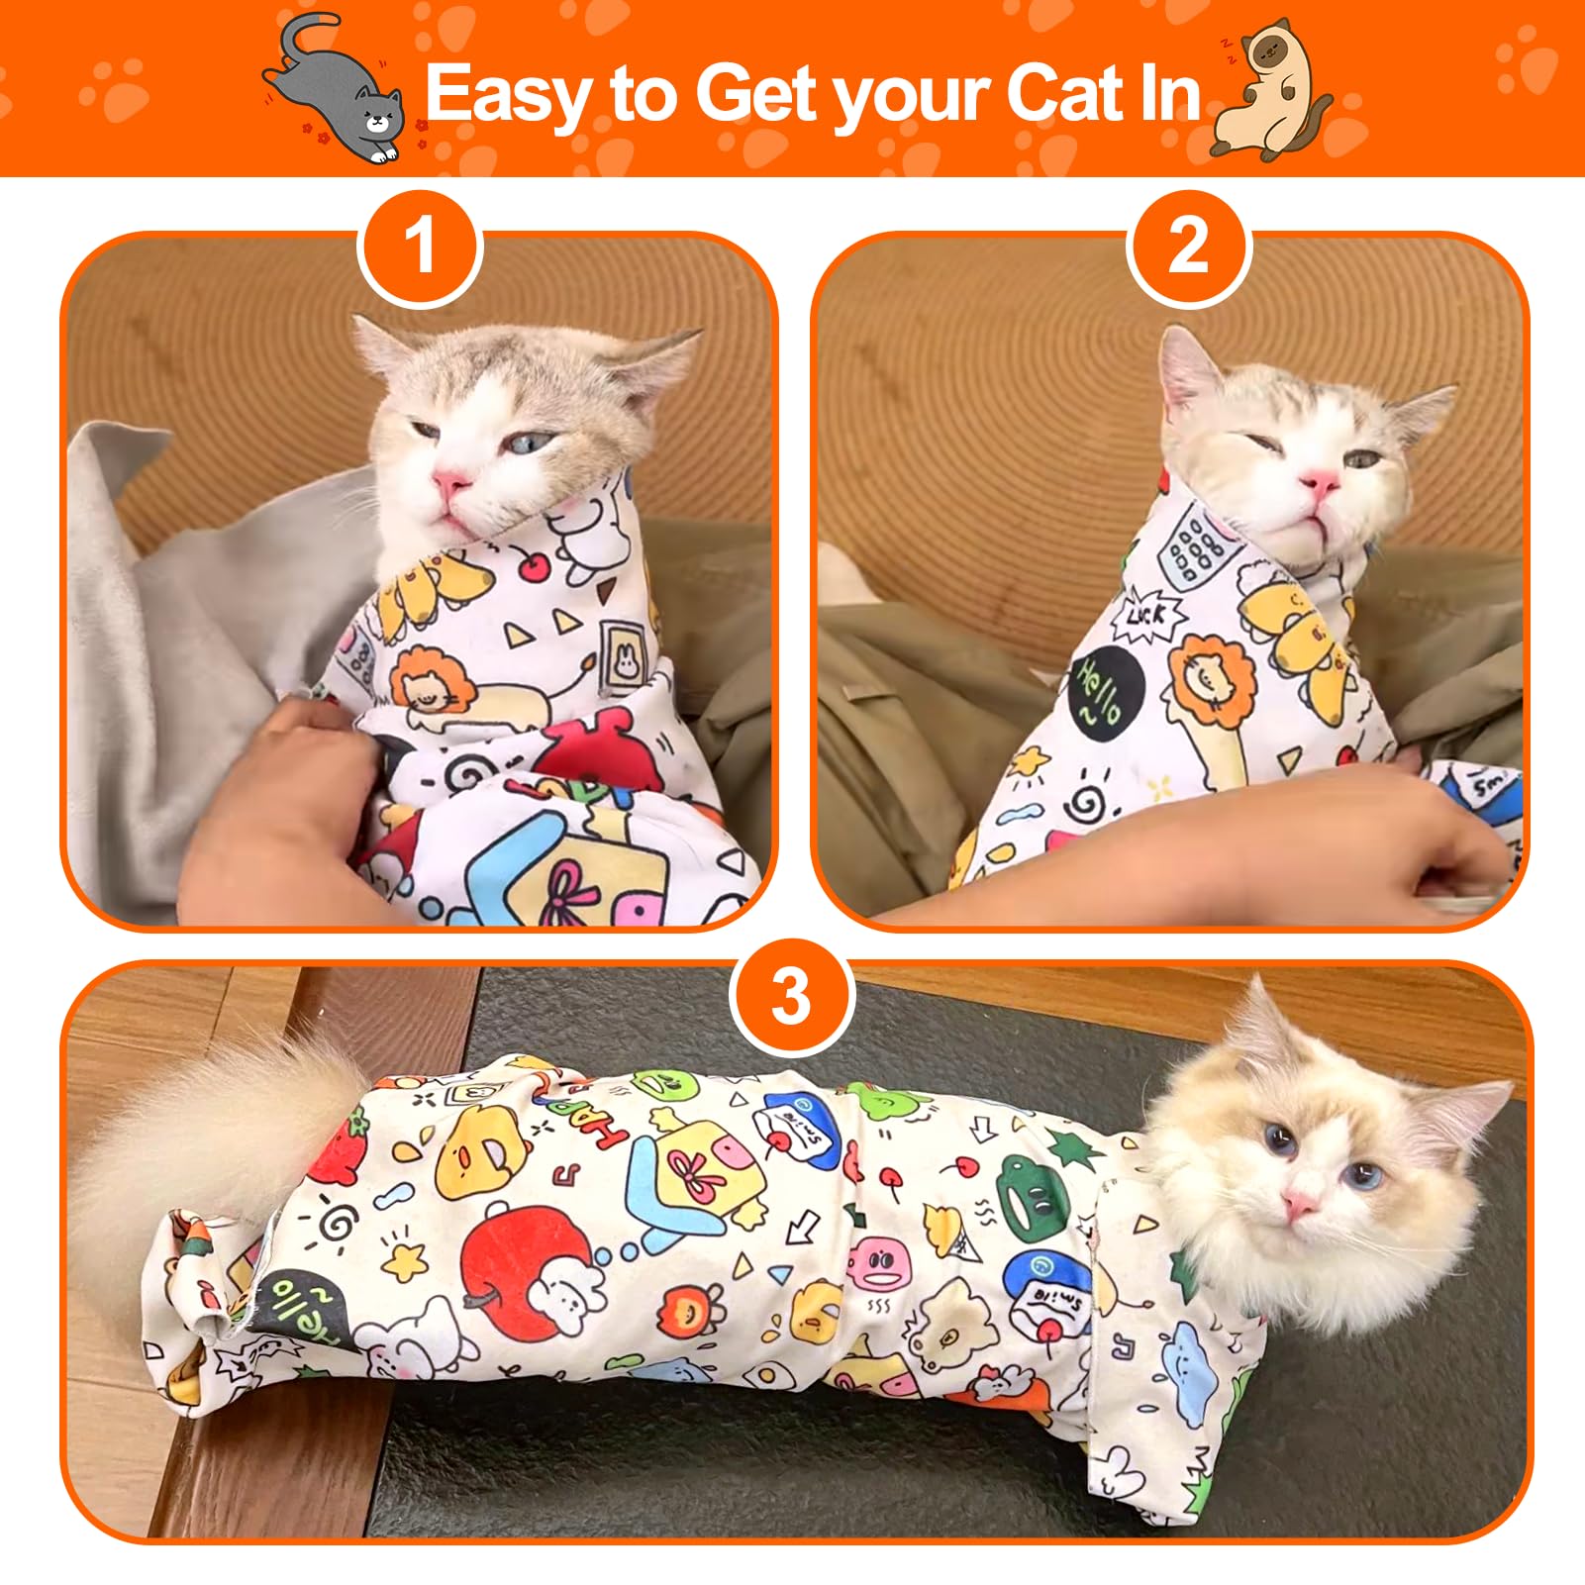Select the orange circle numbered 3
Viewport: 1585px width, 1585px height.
pyautogui.click(x=791, y=997)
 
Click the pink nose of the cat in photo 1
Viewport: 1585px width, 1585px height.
pyautogui.click(x=450, y=483)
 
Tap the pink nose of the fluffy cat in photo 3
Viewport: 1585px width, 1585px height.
pyautogui.click(x=1300, y=1206)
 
